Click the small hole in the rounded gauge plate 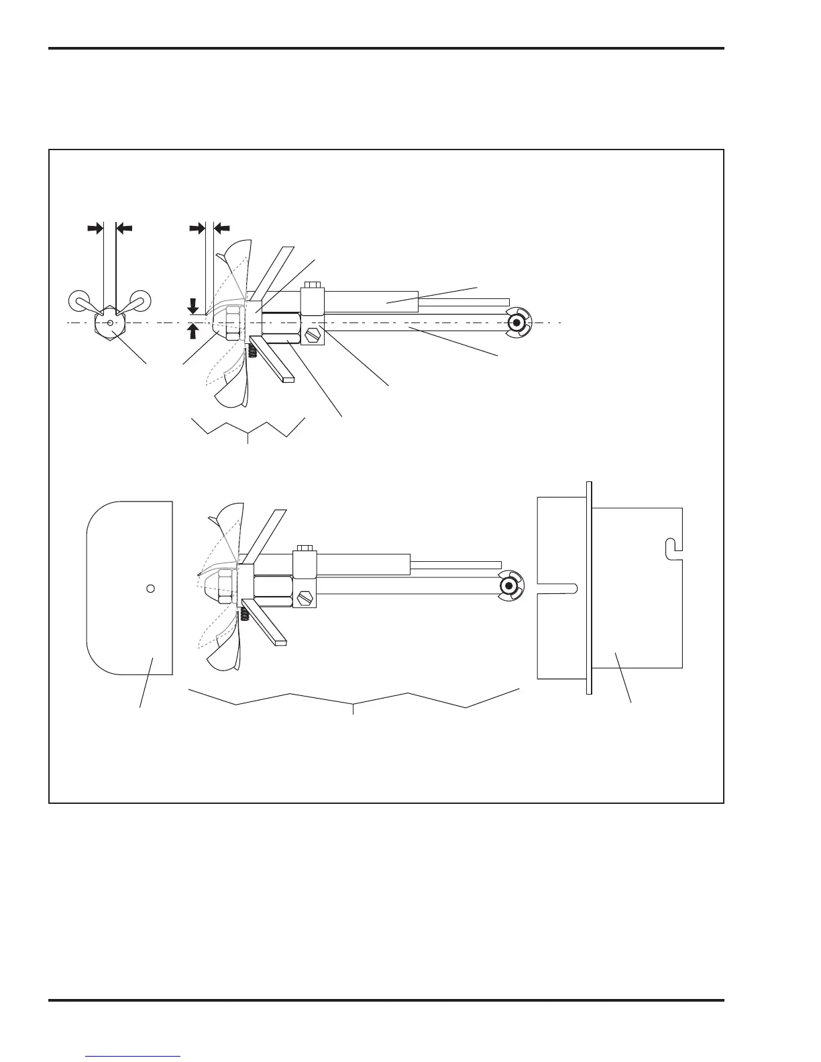151,588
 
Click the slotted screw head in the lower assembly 305,596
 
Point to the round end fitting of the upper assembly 516,323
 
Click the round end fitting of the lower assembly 509,587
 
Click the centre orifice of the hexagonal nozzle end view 110,323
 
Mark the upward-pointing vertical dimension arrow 193,331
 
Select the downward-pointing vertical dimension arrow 193,306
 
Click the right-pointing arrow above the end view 95,228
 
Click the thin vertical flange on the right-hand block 589,587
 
